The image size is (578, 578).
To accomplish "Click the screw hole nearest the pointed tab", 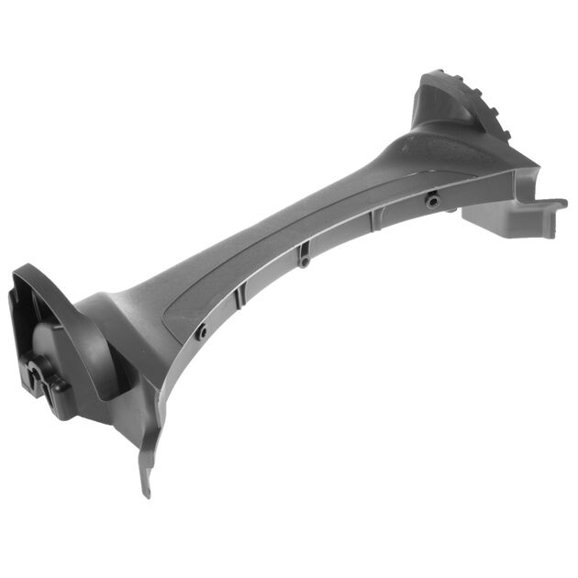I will pyautogui.click(x=201, y=332).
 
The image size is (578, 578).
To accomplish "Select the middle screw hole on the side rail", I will pyautogui.click(x=304, y=262).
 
